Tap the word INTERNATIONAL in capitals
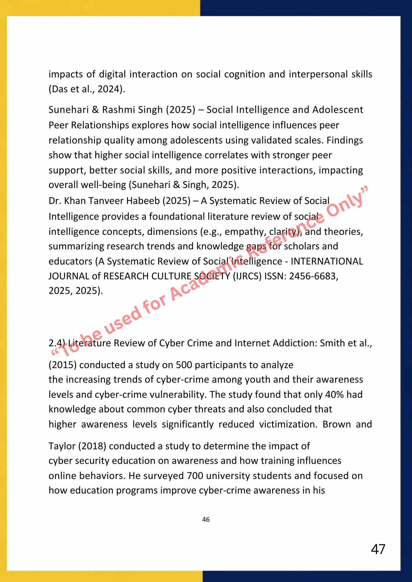tap(327, 261)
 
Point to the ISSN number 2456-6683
tap(313, 276)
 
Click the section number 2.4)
tap(57, 343)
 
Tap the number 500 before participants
tap(184, 365)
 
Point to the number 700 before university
tap(195, 476)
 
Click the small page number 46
tap(206, 519)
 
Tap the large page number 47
tap(378, 549)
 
